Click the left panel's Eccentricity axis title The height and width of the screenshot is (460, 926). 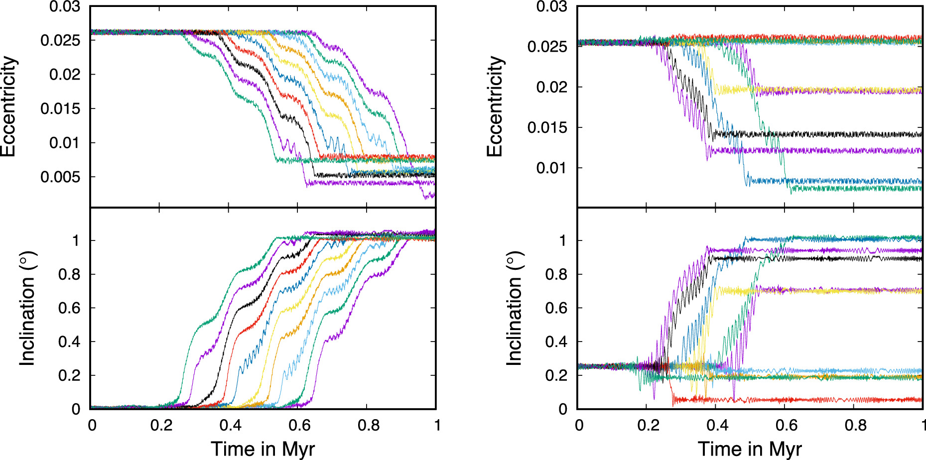coord(9,106)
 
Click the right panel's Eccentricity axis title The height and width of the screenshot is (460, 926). coord(496,106)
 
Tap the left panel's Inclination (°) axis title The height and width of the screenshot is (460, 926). coord(27,309)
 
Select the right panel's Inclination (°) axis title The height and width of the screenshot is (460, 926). coord(514,309)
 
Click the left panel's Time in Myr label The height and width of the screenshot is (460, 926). coord(263,448)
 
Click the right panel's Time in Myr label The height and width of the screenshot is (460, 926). coord(750,448)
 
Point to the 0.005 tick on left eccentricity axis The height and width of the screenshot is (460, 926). coord(60,177)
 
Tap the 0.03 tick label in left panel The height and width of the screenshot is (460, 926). coord(64,7)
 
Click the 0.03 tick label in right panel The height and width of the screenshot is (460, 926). coord(551,7)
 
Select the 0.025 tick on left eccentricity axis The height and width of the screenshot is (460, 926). coord(60,40)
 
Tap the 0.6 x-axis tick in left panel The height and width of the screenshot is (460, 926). coord(299,425)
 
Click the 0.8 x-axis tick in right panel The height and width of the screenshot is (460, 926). coord(855,425)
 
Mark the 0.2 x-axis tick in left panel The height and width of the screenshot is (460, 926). coord(161,425)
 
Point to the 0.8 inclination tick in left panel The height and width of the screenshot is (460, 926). coord(69,274)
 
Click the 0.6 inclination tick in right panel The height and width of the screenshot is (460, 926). coord(556,308)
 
